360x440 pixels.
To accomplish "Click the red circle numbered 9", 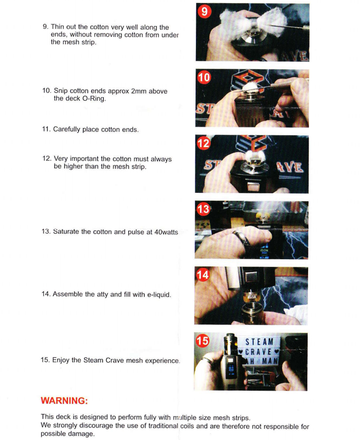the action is (204, 11).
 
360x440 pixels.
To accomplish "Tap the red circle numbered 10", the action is (204, 77).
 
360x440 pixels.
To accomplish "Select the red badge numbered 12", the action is (203, 143).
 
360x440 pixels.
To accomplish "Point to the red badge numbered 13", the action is (203, 209).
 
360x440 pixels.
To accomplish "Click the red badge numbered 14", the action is (203, 275).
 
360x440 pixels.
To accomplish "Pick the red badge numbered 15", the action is (202, 341).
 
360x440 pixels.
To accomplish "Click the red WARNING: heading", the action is (64, 401).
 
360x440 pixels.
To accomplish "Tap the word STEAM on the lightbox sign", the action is (259, 342).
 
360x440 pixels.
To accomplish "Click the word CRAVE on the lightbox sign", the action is (258, 352).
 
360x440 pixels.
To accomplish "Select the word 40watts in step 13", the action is (166, 232).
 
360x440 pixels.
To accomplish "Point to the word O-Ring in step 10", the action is (94, 99).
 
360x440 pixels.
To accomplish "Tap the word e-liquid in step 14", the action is (159, 294).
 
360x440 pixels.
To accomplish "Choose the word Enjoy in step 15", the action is (61, 360).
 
